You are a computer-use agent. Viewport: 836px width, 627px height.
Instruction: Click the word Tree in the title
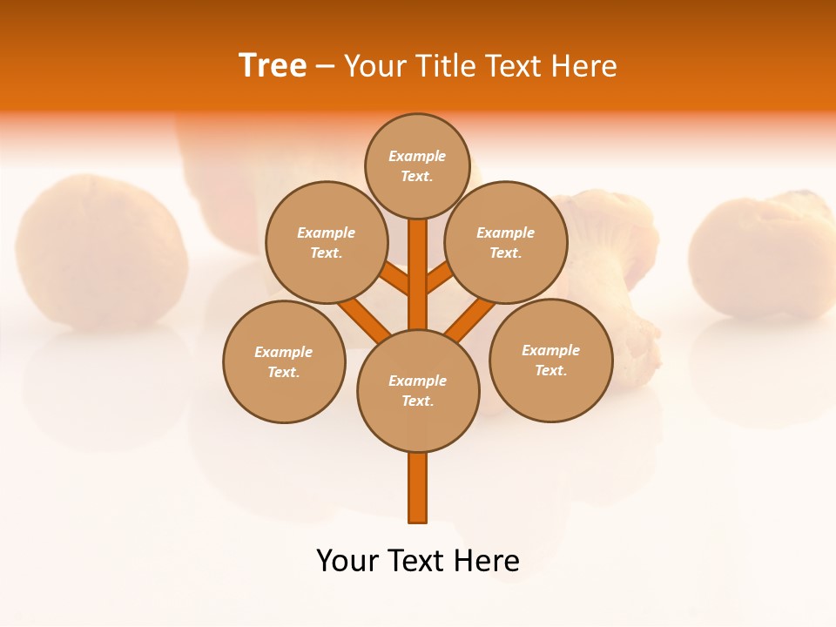click(273, 65)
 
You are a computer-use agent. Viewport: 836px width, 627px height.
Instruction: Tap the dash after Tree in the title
click(325, 67)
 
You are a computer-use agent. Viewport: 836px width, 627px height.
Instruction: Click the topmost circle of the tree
click(417, 165)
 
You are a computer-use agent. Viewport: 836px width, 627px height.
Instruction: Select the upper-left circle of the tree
click(326, 242)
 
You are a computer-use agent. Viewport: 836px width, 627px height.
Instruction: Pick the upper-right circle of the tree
click(505, 242)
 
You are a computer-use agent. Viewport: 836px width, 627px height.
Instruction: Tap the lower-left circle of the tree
click(284, 361)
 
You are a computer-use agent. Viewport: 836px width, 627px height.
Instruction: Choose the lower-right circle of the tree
click(550, 360)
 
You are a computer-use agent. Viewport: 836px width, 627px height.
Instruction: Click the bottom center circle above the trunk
click(418, 390)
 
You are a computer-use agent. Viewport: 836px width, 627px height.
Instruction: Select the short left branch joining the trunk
click(396, 279)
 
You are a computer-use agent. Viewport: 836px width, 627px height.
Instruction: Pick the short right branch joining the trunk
click(439, 279)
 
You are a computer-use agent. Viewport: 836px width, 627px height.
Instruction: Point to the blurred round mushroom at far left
click(101, 253)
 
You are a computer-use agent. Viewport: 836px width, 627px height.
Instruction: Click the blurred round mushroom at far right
click(763, 257)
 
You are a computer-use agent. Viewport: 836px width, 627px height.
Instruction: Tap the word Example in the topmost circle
click(417, 156)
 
